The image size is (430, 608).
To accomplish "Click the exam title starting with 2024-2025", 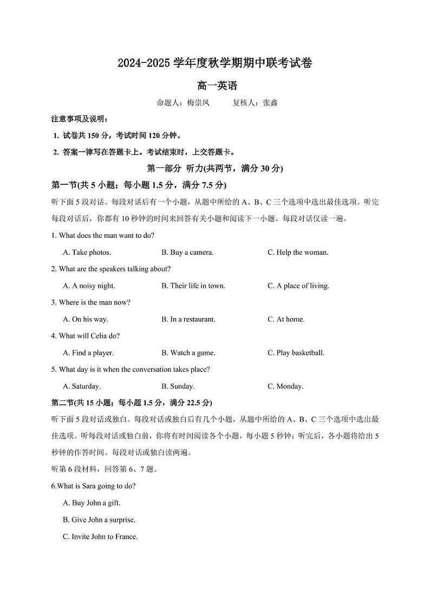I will click(215, 63).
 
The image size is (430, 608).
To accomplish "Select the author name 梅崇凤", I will click(198, 102).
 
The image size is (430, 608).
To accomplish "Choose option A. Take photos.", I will click(87, 252).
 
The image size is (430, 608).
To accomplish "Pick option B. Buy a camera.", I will click(187, 252).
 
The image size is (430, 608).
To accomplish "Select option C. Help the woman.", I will click(298, 252).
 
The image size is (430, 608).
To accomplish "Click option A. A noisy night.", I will click(89, 286).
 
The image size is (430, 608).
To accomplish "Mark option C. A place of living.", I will click(298, 286).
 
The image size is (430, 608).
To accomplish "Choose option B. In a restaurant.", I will click(188, 319).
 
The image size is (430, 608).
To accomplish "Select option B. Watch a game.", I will click(188, 353).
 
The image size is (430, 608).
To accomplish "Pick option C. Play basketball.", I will click(296, 353).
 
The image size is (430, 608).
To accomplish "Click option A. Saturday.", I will click(82, 386).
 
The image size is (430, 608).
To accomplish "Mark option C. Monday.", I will click(285, 386).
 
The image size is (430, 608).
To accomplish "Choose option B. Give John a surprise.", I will click(99, 520).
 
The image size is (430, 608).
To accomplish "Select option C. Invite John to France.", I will click(101, 536).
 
